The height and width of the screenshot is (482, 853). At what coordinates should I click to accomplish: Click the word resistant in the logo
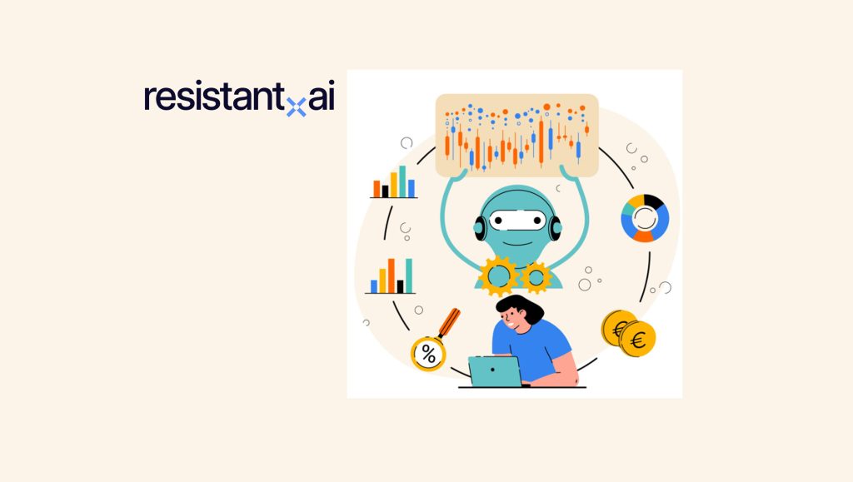tap(212, 97)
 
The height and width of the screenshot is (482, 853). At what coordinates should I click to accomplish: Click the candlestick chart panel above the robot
tap(516, 135)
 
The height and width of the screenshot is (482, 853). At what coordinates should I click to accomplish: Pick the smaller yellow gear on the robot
tap(536, 276)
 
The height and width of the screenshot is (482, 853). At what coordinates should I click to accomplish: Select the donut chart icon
tap(645, 218)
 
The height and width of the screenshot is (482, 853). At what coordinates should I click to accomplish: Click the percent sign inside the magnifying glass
tap(428, 354)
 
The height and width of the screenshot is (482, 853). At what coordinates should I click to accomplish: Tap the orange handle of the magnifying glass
tap(451, 321)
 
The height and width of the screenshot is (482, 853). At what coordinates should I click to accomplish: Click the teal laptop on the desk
tap(494, 371)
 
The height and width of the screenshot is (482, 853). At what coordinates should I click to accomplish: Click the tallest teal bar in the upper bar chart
tap(402, 181)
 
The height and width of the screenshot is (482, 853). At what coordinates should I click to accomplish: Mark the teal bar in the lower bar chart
tap(409, 276)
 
